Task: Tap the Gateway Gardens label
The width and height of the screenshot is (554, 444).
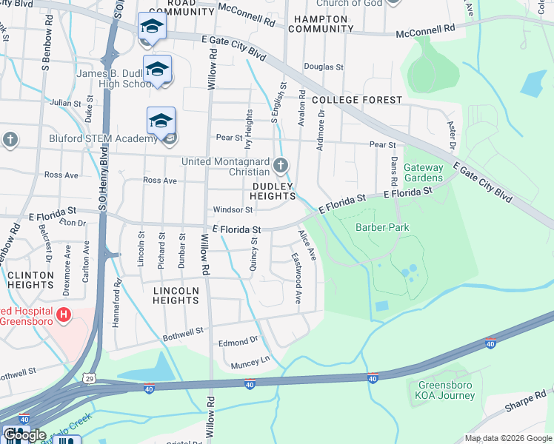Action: (424, 172)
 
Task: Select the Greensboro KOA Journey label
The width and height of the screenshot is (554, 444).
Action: (446, 390)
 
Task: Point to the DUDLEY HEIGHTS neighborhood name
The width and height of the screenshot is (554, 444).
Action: (273, 192)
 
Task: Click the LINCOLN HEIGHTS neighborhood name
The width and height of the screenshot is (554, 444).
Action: (176, 295)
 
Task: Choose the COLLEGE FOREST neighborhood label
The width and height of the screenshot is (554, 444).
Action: (357, 99)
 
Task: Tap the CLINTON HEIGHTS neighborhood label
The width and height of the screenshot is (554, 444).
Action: (30, 280)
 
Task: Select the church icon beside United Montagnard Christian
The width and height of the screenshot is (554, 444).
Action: (280, 164)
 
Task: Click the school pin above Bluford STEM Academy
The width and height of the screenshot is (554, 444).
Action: (161, 121)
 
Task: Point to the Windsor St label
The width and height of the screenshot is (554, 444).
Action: (233, 209)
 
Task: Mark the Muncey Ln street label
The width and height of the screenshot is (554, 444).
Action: (250, 362)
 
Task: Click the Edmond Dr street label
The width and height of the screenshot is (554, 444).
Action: (238, 342)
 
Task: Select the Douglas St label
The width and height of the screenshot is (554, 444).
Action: (329, 67)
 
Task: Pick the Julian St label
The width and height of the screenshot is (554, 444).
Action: (65, 103)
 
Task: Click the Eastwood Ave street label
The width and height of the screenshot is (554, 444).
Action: (297, 286)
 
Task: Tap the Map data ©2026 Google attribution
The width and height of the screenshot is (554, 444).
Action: (508, 437)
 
